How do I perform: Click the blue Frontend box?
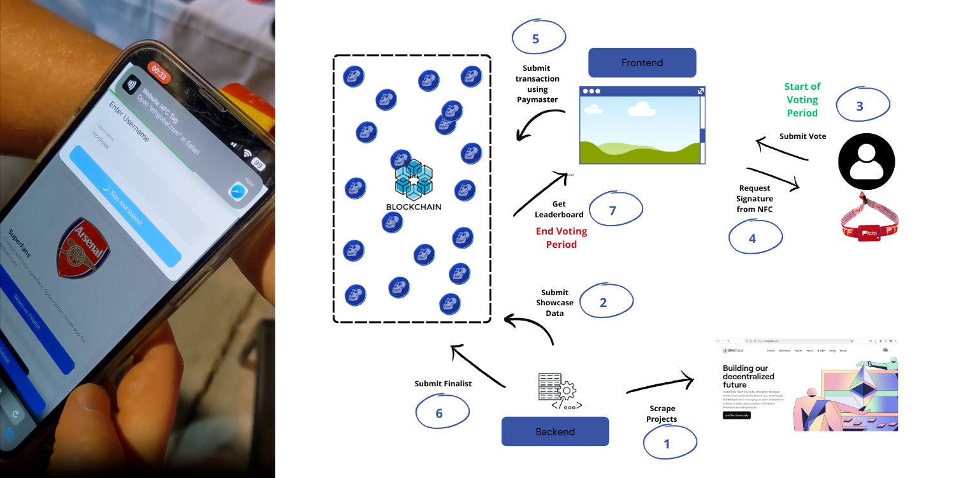[x=642, y=62]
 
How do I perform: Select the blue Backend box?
[x=555, y=431]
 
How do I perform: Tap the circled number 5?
[x=536, y=38]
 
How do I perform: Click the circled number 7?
[x=613, y=210]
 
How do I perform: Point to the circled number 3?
[x=860, y=106]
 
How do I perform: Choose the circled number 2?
[x=604, y=303]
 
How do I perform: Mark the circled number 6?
[x=440, y=413]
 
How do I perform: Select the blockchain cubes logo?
[x=414, y=178]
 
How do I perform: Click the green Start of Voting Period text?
[x=802, y=99]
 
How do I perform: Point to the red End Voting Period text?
[x=561, y=238]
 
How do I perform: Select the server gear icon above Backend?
[x=556, y=391]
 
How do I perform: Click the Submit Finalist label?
[x=443, y=384]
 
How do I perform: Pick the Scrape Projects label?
[x=662, y=414]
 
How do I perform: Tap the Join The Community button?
[x=737, y=415]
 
